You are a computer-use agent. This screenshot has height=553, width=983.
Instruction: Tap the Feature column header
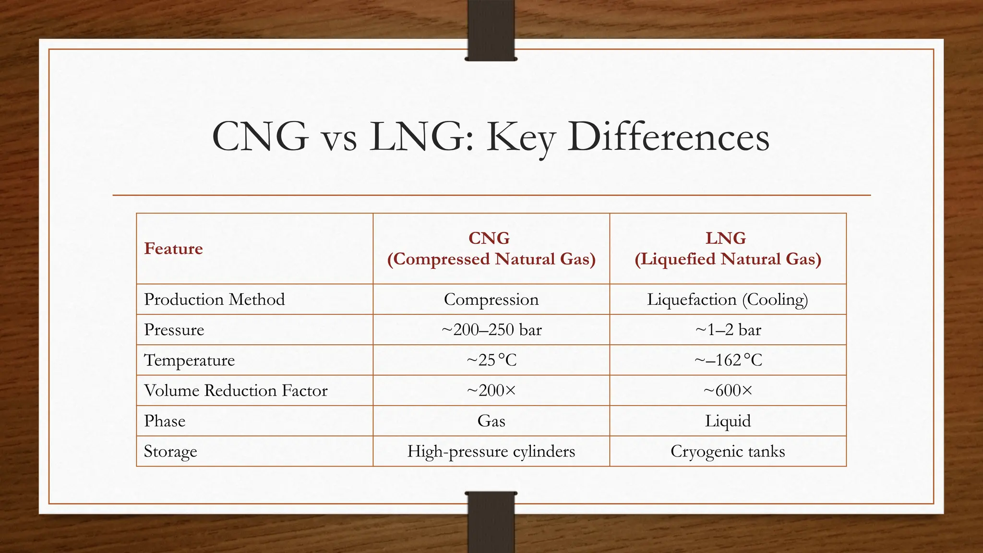173,249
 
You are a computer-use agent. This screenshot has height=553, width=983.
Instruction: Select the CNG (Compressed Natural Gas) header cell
491,249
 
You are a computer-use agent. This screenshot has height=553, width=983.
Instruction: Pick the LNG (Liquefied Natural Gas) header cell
728,249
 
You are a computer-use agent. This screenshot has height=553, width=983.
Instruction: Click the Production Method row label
214,300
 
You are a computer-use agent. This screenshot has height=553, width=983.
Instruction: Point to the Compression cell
491,300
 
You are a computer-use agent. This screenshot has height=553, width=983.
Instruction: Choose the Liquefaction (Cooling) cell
728,300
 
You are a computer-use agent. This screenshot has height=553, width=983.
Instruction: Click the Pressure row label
174,330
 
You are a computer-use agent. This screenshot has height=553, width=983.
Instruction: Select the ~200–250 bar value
491,330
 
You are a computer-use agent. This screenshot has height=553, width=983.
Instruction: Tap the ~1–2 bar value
728,330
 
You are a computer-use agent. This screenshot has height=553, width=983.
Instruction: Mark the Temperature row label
189,360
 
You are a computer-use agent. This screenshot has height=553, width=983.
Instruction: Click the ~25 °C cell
491,360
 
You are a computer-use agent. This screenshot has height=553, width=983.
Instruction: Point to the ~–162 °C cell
728,360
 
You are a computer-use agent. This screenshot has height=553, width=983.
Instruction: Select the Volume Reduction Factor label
235,391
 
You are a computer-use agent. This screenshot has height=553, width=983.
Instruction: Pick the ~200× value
491,391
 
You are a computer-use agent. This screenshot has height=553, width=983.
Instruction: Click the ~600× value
728,391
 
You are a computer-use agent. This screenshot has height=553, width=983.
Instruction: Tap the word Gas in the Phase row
491,421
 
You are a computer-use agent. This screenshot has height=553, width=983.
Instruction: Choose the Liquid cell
728,421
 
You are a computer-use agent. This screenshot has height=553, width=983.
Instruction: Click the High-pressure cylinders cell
491,451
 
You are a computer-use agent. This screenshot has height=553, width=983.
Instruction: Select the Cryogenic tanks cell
728,451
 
